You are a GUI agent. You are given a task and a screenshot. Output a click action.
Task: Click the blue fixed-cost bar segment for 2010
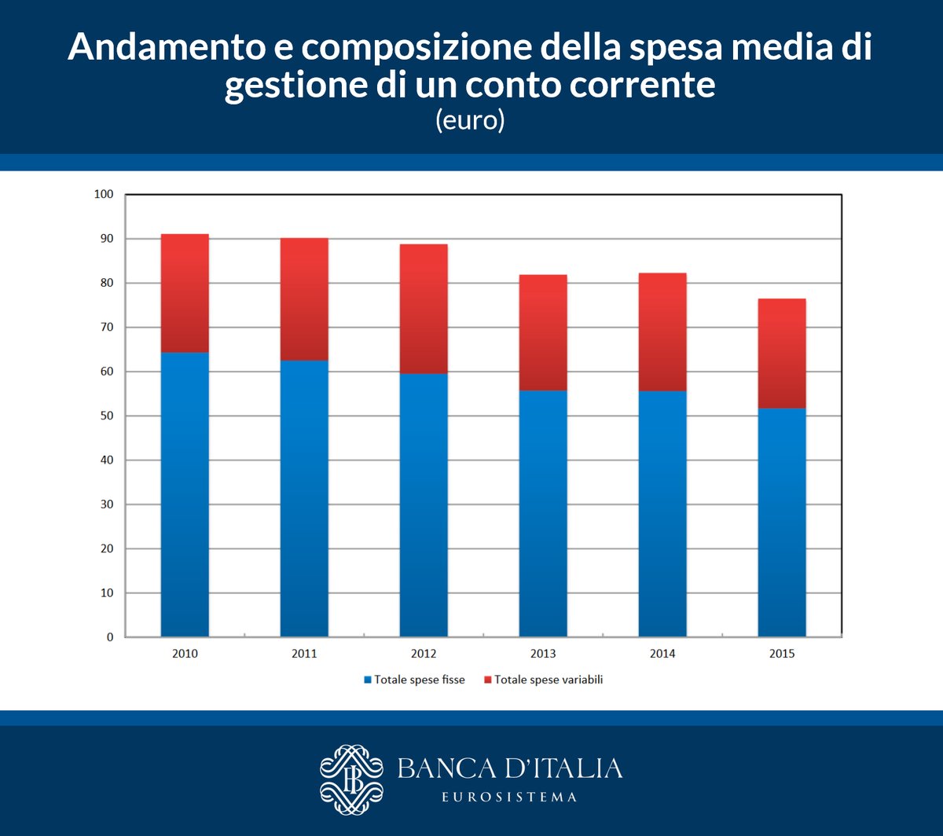(x=185, y=495)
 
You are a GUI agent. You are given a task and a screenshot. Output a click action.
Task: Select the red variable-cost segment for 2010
(x=185, y=293)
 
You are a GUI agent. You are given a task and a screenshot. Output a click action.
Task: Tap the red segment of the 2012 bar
(x=424, y=309)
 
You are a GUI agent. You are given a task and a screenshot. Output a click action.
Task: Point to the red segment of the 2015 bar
(x=782, y=354)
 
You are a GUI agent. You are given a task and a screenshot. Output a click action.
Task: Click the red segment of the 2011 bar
(x=304, y=299)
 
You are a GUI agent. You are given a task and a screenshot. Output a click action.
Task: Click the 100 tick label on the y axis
(x=104, y=194)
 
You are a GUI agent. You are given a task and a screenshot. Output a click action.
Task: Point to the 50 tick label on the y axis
(x=106, y=416)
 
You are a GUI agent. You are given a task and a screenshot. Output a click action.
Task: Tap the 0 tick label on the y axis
(x=110, y=637)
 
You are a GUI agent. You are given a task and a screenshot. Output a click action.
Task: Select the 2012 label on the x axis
(x=424, y=654)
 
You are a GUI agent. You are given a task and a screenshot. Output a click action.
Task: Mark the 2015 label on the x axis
(x=782, y=654)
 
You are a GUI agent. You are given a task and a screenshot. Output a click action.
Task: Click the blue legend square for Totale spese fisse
(x=367, y=680)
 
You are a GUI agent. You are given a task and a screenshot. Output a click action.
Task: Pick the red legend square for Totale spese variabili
(x=487, y=680)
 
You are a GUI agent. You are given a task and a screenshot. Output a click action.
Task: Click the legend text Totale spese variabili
(x=549, y=680)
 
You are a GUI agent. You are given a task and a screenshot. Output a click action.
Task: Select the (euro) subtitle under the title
(x=470, y=122)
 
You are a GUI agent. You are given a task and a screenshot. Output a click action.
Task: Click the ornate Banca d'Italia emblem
(x=351, y=779)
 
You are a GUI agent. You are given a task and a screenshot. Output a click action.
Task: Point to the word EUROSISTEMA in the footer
(x=509, y=797)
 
